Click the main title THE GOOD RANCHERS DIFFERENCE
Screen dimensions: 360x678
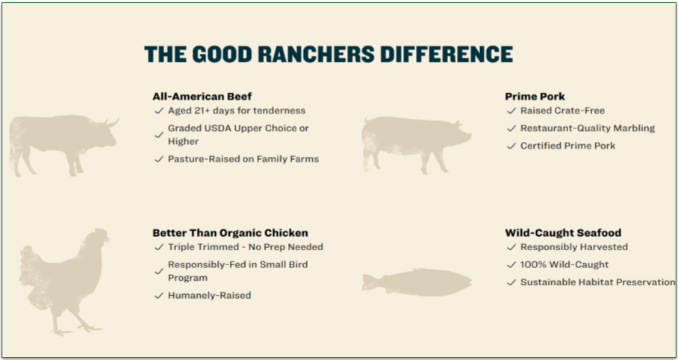point(329,55)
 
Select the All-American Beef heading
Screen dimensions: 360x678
point(202,96)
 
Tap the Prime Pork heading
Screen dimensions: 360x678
point(535,96)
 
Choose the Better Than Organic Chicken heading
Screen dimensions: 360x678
point(230,232)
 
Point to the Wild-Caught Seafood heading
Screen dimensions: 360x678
point(563,232)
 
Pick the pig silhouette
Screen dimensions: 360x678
point(414,140)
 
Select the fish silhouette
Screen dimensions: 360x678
point(417,282)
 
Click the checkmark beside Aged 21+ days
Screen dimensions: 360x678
point(158,111)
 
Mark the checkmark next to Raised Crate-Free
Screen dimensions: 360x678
point(511,111)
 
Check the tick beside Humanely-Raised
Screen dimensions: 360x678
point(158,296)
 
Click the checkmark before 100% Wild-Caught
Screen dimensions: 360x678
point(511,264)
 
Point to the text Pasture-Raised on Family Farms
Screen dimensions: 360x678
point(243,159)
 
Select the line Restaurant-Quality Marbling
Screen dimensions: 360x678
point(587,128)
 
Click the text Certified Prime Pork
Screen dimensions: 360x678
point(567,146)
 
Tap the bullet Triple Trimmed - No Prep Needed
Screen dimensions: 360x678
point(245,246)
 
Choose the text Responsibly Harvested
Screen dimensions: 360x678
point(573,246)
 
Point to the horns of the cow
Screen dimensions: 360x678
point(111,122)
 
